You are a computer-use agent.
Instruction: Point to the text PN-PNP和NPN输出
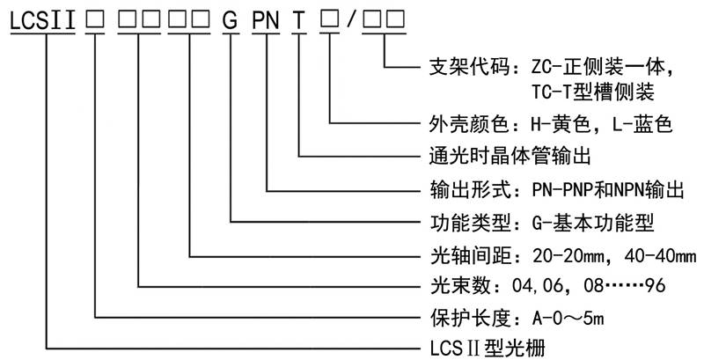pyautogui.click(x=608, y=188)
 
